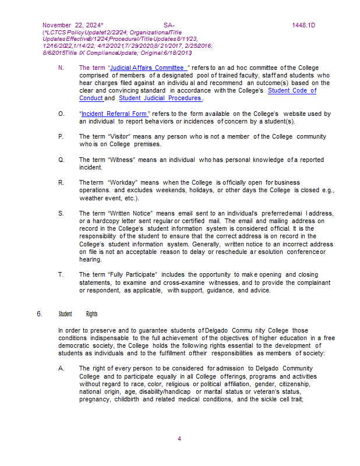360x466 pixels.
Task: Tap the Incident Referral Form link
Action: click(x=114, y=114)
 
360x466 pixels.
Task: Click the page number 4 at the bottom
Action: click(x=179, y=439)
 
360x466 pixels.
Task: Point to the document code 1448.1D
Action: click(x=303, y=26)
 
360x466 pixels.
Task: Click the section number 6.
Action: click(x=40, y=314)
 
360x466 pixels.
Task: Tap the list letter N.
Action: click(x=61, y=68)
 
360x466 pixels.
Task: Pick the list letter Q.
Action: click(x=61, y=160)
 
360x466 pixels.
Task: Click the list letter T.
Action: click(x=61, y=274)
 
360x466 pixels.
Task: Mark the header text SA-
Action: click(x=170, y=26)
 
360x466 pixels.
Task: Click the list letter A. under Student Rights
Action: click(x=61, y=368)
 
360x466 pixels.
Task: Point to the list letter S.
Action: click(x=61, y=213)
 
